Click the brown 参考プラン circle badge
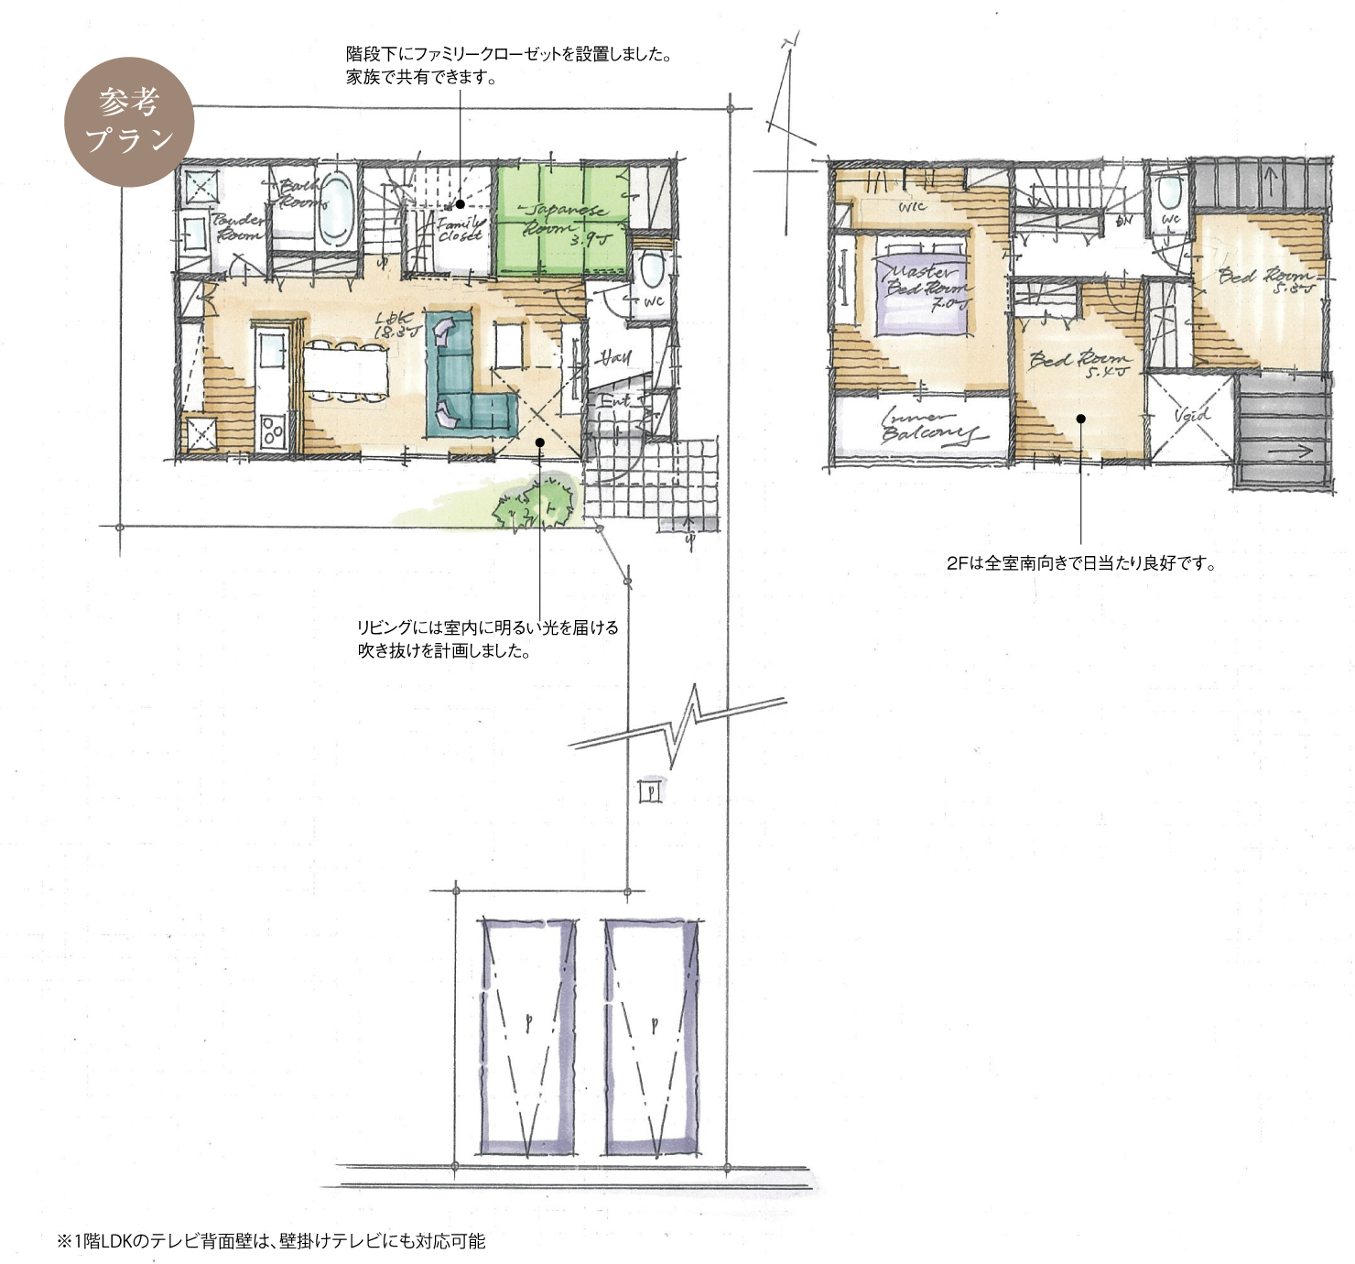pyautogui.click(x=129, y=122)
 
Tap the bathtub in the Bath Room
pyautogui.click(x=336, y=208)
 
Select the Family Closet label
pyautogui.click(x=460, y=229)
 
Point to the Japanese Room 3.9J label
pyautogui.click(x=562, y=223)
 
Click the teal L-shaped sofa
pyautogui.click(x=461, y=376)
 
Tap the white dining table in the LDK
pyautogui.click(x=345, y=370)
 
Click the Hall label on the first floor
pyautogui.click(x=612, y=357)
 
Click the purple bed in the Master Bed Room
pyautogui.click(x=919, y=286)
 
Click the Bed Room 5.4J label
pyautogui.click(x=1079, y=363)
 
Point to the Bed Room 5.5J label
pyautogui.click(x=1267, y=279)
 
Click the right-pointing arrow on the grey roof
pyautogui.click(x=1292, y=451)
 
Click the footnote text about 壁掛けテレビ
pyautogui.click(x=272, y=1241)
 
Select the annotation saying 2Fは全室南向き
pyautogui.click(x=1080, y=563)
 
